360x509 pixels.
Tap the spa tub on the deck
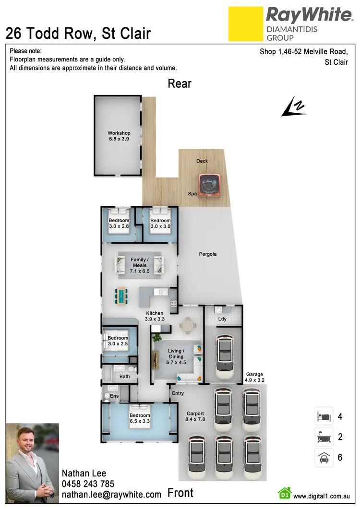[x=211, y=184]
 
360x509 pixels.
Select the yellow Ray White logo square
[x=245, y=24]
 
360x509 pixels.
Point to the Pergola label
[x=208, y=254]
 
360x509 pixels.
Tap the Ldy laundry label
[x=222, y=319]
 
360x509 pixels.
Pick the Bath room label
[x=125, y=377]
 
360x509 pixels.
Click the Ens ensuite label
[x=114, y=396]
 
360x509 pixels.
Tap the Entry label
[x=178, y=393]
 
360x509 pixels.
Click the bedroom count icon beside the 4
[x=322, y=416]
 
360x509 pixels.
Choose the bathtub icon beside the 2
[x=322, y=437]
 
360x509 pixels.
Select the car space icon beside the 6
[x=322, y=458]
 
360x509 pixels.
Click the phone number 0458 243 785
[x=88, y=484]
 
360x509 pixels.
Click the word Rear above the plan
[x=180, y=84]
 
